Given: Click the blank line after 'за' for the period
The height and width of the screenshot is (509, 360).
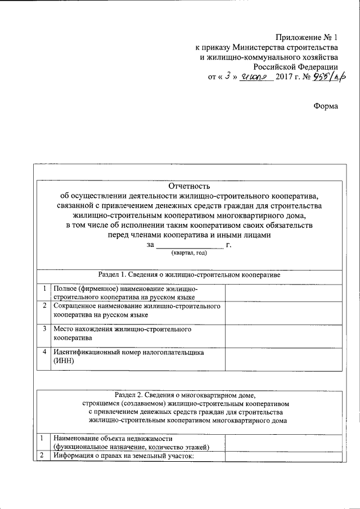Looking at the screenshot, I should tap(190, 245).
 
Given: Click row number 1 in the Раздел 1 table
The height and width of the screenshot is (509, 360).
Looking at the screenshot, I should tap(44, 289).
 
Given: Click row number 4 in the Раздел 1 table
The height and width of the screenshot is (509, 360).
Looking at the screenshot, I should tap(44, 352).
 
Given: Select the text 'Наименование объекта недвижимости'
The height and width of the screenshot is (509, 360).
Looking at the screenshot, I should tap(112, 438).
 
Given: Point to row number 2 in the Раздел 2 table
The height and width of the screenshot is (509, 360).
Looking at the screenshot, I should tap(42, 455).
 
